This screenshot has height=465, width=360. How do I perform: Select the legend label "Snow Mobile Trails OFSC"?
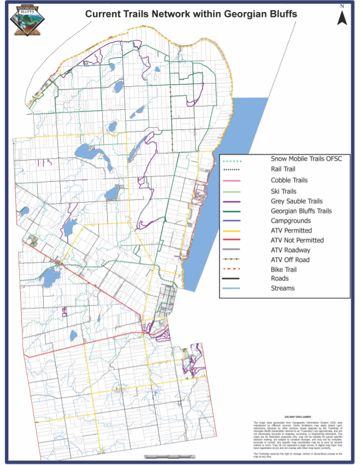click(306, 160)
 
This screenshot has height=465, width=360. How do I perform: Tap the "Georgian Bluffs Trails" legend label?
click(302, 211)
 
